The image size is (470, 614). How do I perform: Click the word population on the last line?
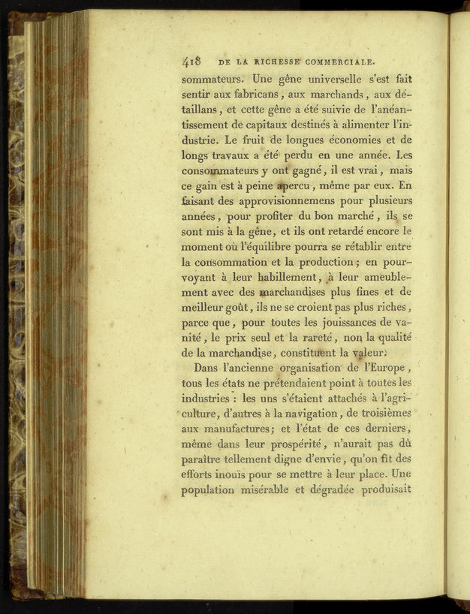click(213, 492)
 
